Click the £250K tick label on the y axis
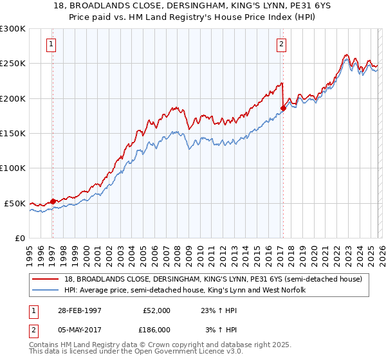pyautogui.click(x=12, y=64)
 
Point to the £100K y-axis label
pyautogui.click(x=12, y=168)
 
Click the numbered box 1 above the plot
pyautogui.click(x=51, y=44)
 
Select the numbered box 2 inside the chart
pyautogui.click(x=282, y=44)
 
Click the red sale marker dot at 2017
pyautogui.click(x=283, y=108)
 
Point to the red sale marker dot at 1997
pyautogui.click(x=53, y=201)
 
